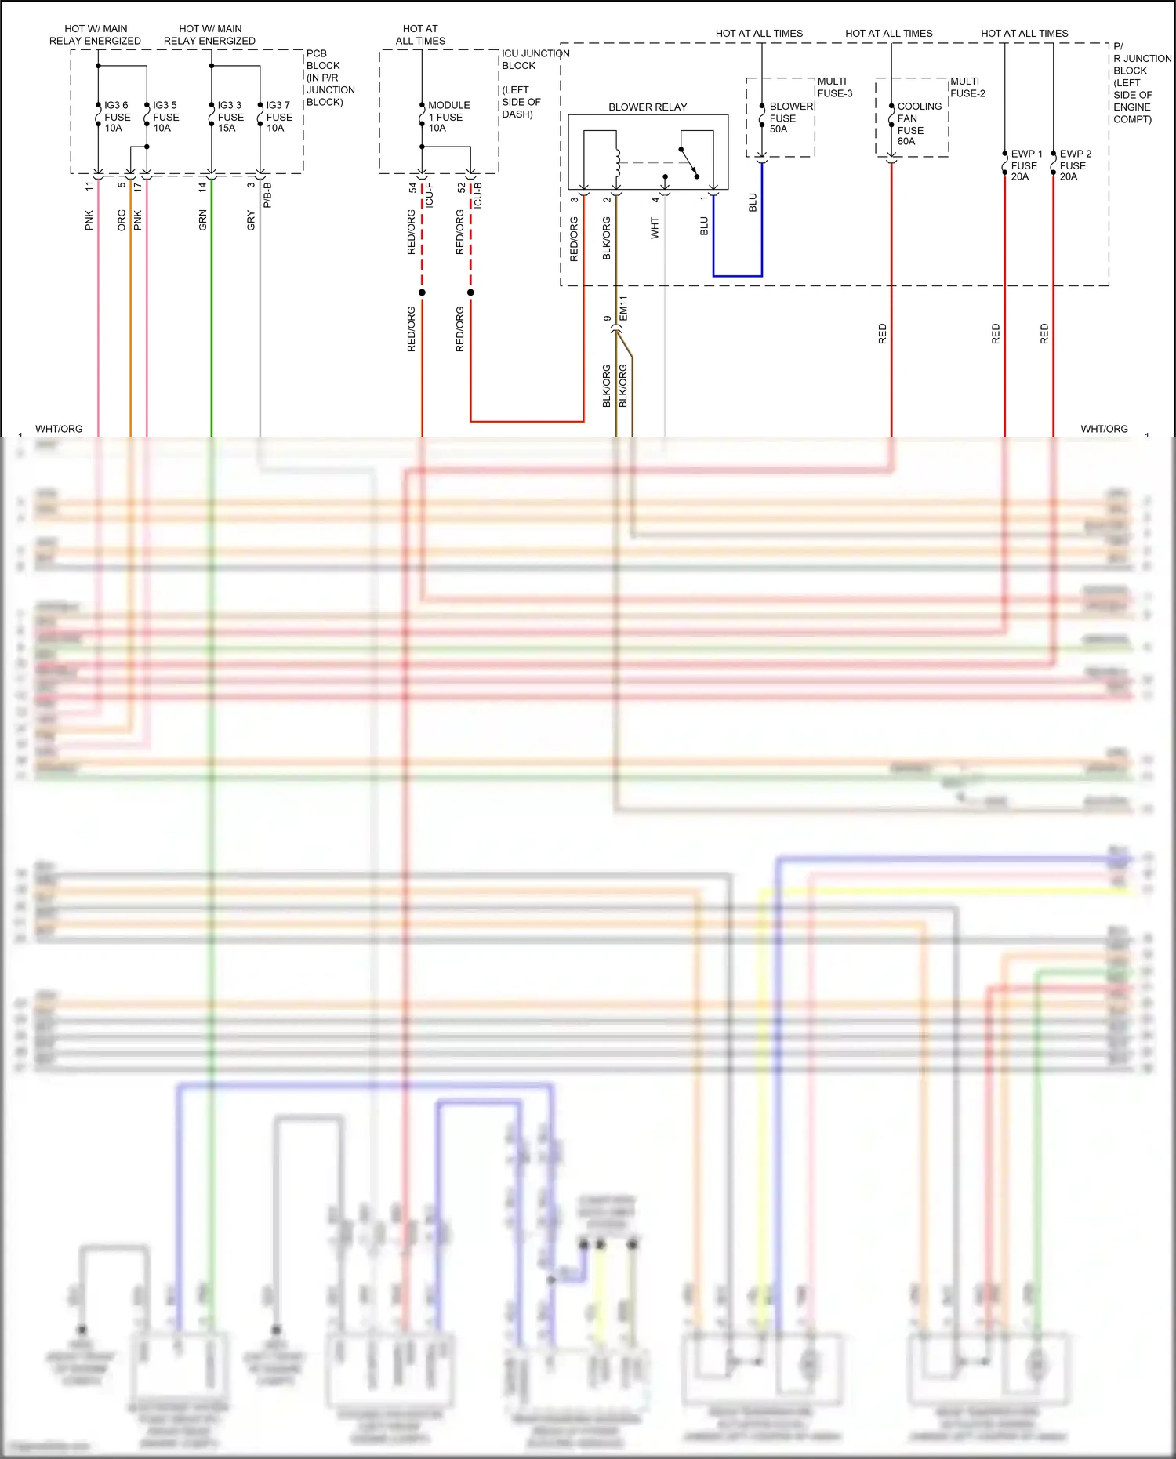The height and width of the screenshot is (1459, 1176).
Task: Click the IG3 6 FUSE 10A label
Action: coord(117,117)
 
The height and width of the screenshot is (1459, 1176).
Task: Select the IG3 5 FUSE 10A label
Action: coord(165,117)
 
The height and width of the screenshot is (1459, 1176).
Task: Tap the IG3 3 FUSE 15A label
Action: coord(230,117)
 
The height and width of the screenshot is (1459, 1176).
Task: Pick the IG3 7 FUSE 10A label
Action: coord(278,117)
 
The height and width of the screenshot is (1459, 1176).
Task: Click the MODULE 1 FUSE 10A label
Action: coord(448,117)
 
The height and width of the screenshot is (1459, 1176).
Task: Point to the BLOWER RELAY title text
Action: coord(648,107)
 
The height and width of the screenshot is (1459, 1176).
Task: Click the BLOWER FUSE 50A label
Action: coord(790,118)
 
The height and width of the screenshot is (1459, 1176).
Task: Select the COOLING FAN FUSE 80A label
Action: coord(918,124)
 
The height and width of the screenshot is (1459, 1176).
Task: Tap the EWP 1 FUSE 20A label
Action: coord(1025,165)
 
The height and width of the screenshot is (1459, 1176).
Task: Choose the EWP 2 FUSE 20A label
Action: coord(1075,165)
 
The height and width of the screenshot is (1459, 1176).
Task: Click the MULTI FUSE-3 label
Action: coord(834,87)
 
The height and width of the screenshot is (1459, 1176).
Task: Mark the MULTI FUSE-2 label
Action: coord(967,87)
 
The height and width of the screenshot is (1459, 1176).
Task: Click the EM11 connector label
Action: coord(624,308)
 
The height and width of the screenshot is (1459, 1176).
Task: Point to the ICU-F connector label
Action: coord(430,195)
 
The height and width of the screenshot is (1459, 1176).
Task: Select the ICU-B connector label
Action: coord(478,195)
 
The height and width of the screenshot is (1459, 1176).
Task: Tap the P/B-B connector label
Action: coord(267,195)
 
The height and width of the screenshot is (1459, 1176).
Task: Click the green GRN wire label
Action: coord(203,220)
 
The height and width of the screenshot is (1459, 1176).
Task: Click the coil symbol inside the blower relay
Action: coord(618,163)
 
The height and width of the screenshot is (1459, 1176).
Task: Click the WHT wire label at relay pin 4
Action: coord(655,228)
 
